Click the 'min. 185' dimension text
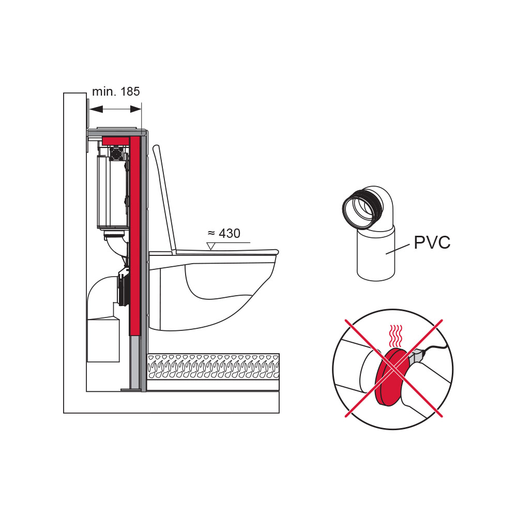pos(116,92)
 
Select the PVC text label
pos(432,242)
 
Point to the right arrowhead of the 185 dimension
pos(135,109)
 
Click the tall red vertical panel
pos(135,233)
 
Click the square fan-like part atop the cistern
pos(117,153)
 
